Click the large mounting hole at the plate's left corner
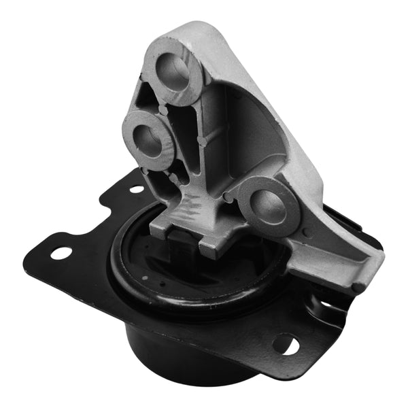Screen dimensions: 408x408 tap(61, 252)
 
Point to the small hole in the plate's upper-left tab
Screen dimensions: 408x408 tap(136, 189)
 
